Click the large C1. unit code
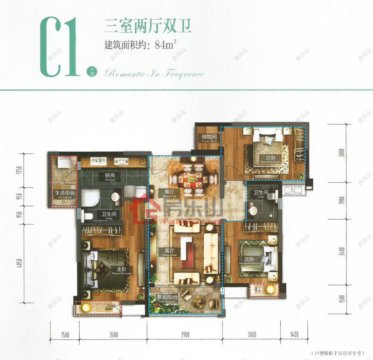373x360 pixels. coord(61,47)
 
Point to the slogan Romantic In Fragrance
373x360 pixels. coord(154,73)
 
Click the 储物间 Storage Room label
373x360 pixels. coord(207,138)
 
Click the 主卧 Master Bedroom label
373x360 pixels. coord(120,270)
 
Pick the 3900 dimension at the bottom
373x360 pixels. coord(185,334)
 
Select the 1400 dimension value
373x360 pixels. coord(293,334)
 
